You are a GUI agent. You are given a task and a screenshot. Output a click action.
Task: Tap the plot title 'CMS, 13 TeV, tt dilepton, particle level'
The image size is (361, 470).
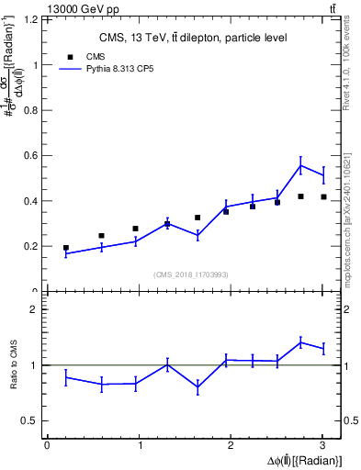click(193, 38)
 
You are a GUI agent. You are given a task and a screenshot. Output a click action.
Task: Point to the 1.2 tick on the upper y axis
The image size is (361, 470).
click(33, 19)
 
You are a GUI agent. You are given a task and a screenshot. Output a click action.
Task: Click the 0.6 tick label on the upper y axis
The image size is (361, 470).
click(33, 155)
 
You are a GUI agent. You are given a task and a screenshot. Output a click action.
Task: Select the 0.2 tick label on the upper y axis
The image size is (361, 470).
click(33, 246)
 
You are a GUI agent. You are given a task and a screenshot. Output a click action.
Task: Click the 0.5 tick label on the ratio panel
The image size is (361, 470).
click(33, 420)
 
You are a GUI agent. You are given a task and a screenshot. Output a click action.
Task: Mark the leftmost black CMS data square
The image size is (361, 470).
click(66, 248)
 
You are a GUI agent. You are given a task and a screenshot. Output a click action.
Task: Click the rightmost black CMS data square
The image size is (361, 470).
click(323, 196)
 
